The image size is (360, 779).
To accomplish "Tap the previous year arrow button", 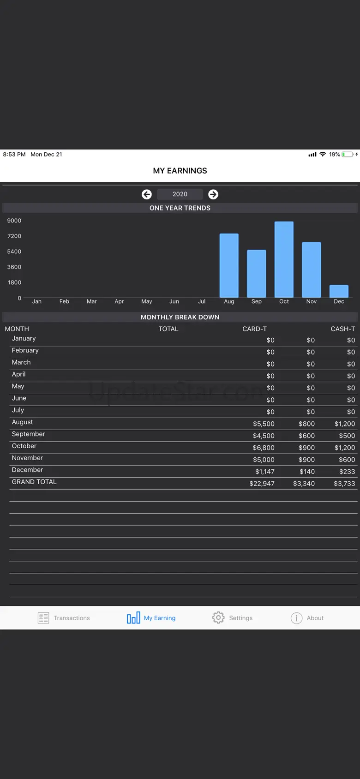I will point(147,194).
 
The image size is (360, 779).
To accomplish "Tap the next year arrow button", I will point(213,194).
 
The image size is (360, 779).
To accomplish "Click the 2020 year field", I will point(180,194).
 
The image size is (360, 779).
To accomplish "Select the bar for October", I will point(284,259).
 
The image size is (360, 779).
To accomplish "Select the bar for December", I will point(339,291).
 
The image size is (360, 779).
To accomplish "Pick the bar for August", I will point(229,265).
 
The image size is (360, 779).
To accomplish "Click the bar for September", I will point(257,274).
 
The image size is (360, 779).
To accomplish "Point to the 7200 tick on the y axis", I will point(14,236).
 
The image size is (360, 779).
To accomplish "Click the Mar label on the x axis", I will point(92,301).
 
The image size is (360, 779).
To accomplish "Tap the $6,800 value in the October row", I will point(264,448).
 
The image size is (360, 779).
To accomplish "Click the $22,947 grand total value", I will point(262,484).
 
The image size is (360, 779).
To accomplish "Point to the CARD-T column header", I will point(254,329).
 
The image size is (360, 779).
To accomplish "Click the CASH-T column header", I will point(342,329).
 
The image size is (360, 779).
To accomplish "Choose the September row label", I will point(29,434).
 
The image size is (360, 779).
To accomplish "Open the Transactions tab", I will point(64,618).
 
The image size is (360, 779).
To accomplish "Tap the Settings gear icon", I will point(218,617).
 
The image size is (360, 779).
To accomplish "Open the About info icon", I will point(296,618).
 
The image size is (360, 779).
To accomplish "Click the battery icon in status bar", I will point(348,155).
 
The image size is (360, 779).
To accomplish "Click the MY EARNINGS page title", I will point(180,171).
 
